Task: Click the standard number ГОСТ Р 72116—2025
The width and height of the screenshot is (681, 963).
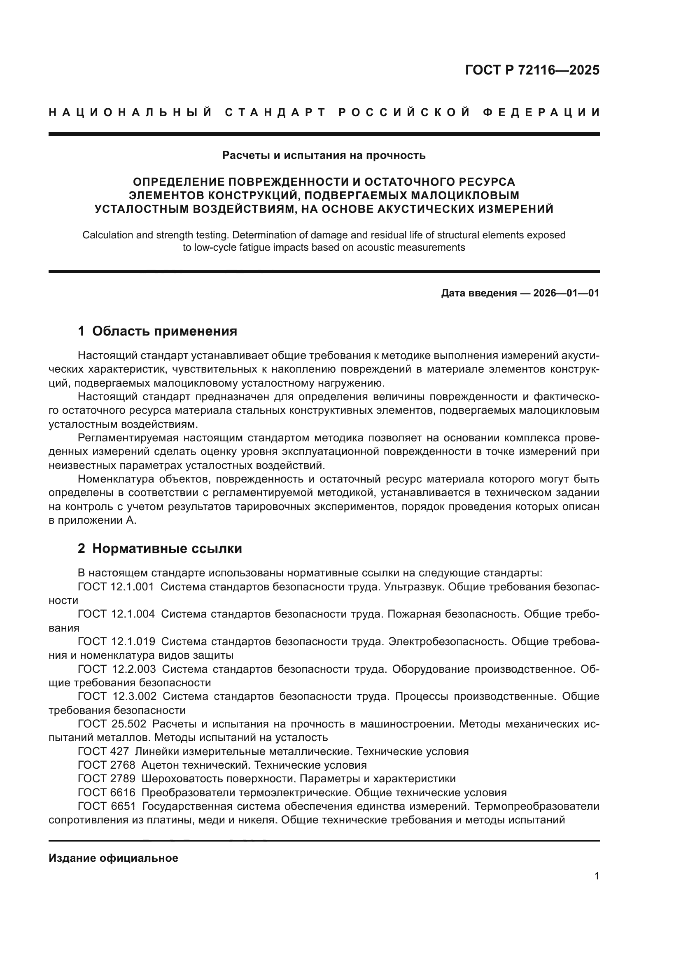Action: tap(532, 70)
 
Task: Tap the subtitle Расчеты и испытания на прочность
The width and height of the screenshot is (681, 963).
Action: tap(324, 156)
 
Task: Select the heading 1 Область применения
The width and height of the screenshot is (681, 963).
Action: tap(157, 331)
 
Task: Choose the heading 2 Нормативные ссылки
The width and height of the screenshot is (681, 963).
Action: tap(160, 548)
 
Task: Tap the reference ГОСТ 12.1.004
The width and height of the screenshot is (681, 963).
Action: tap(116, 614)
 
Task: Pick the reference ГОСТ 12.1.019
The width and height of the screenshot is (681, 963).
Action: tap(116, 641)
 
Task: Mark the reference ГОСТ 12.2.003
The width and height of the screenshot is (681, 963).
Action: tap(117, 669)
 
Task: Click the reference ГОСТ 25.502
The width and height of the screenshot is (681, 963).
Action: tap(112, 724)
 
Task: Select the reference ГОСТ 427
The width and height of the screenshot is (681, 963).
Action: tap(103, 752)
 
